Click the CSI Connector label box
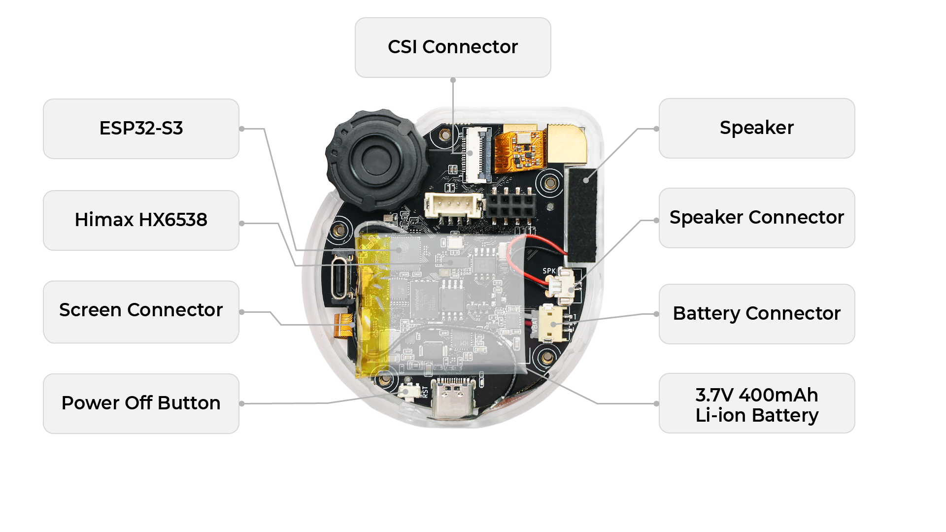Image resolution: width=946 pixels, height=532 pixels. pos(453,47)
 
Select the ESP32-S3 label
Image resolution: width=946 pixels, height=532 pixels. pos(141,129)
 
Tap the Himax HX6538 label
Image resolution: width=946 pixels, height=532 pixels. pos(141,220)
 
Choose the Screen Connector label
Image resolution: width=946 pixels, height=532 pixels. pos(141,312)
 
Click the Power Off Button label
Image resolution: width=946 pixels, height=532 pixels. pos(141,403)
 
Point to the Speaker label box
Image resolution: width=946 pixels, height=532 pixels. pos(757,128)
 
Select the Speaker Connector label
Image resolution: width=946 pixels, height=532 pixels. pos(757,218)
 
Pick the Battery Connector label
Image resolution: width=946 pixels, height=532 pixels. pos(757,314)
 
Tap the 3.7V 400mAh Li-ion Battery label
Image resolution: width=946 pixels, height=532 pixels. pos(757,403)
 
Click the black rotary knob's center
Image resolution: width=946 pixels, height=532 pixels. pos(376,159)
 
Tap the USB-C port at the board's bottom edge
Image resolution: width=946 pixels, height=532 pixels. pos(453,398)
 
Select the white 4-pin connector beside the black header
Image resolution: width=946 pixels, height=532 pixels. pos(454,204)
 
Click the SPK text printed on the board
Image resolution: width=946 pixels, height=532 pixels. pos(549,271)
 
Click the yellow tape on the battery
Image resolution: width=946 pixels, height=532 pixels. pos(372,305)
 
